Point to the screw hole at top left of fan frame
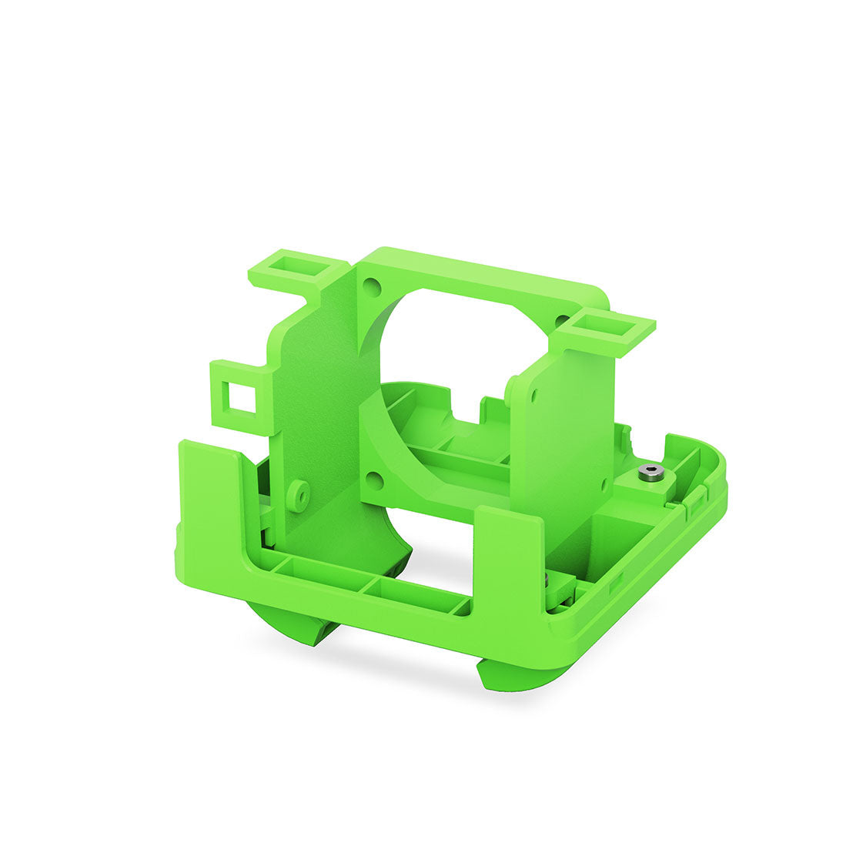coord(373,288)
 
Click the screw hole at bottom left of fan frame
coord(375,481)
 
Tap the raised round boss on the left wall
coord(299,493)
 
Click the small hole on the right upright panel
coord(532,394)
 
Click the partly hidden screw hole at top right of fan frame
coord(563,317)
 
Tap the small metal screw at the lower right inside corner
coord(546,579)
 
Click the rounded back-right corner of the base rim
coord(712,462)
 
